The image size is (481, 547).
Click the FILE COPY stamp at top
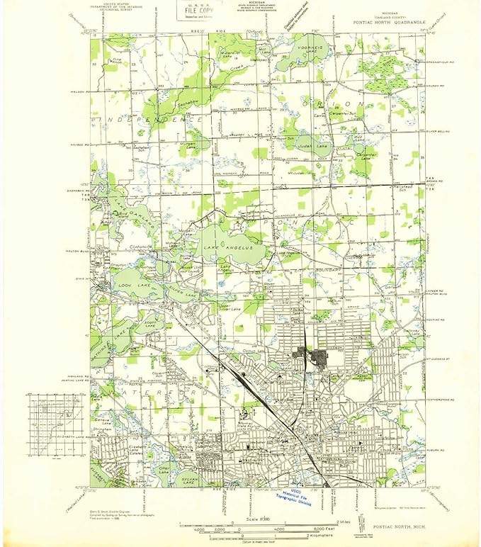(198, 12)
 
